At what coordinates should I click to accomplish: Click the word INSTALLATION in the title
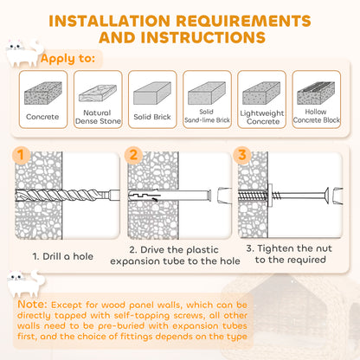110,21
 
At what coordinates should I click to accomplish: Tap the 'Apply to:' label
67,59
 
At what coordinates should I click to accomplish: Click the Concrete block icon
43,93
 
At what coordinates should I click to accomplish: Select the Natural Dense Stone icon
98,93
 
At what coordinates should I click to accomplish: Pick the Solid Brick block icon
152,93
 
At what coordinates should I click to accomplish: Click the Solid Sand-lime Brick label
207,116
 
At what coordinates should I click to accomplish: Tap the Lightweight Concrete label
262,117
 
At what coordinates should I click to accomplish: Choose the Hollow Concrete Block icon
316,93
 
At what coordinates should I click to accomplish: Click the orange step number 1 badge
21,155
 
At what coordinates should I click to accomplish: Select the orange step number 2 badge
133,155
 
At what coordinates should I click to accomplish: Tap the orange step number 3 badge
242,155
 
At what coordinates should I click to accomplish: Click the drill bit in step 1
67,196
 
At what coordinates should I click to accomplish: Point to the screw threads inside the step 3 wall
253,196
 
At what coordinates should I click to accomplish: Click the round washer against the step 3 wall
270,196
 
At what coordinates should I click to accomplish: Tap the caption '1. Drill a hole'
63,256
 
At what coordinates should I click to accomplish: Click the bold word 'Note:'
32,304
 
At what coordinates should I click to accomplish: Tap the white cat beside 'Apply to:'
23,53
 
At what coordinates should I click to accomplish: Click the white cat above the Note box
25,284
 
